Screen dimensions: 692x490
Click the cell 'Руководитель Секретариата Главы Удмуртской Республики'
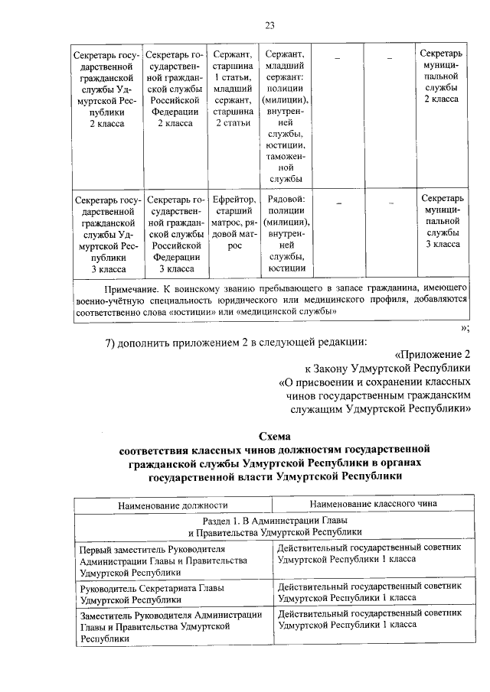[x=172, y=593]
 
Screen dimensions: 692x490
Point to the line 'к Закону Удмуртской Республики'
[x=387, y=369]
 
